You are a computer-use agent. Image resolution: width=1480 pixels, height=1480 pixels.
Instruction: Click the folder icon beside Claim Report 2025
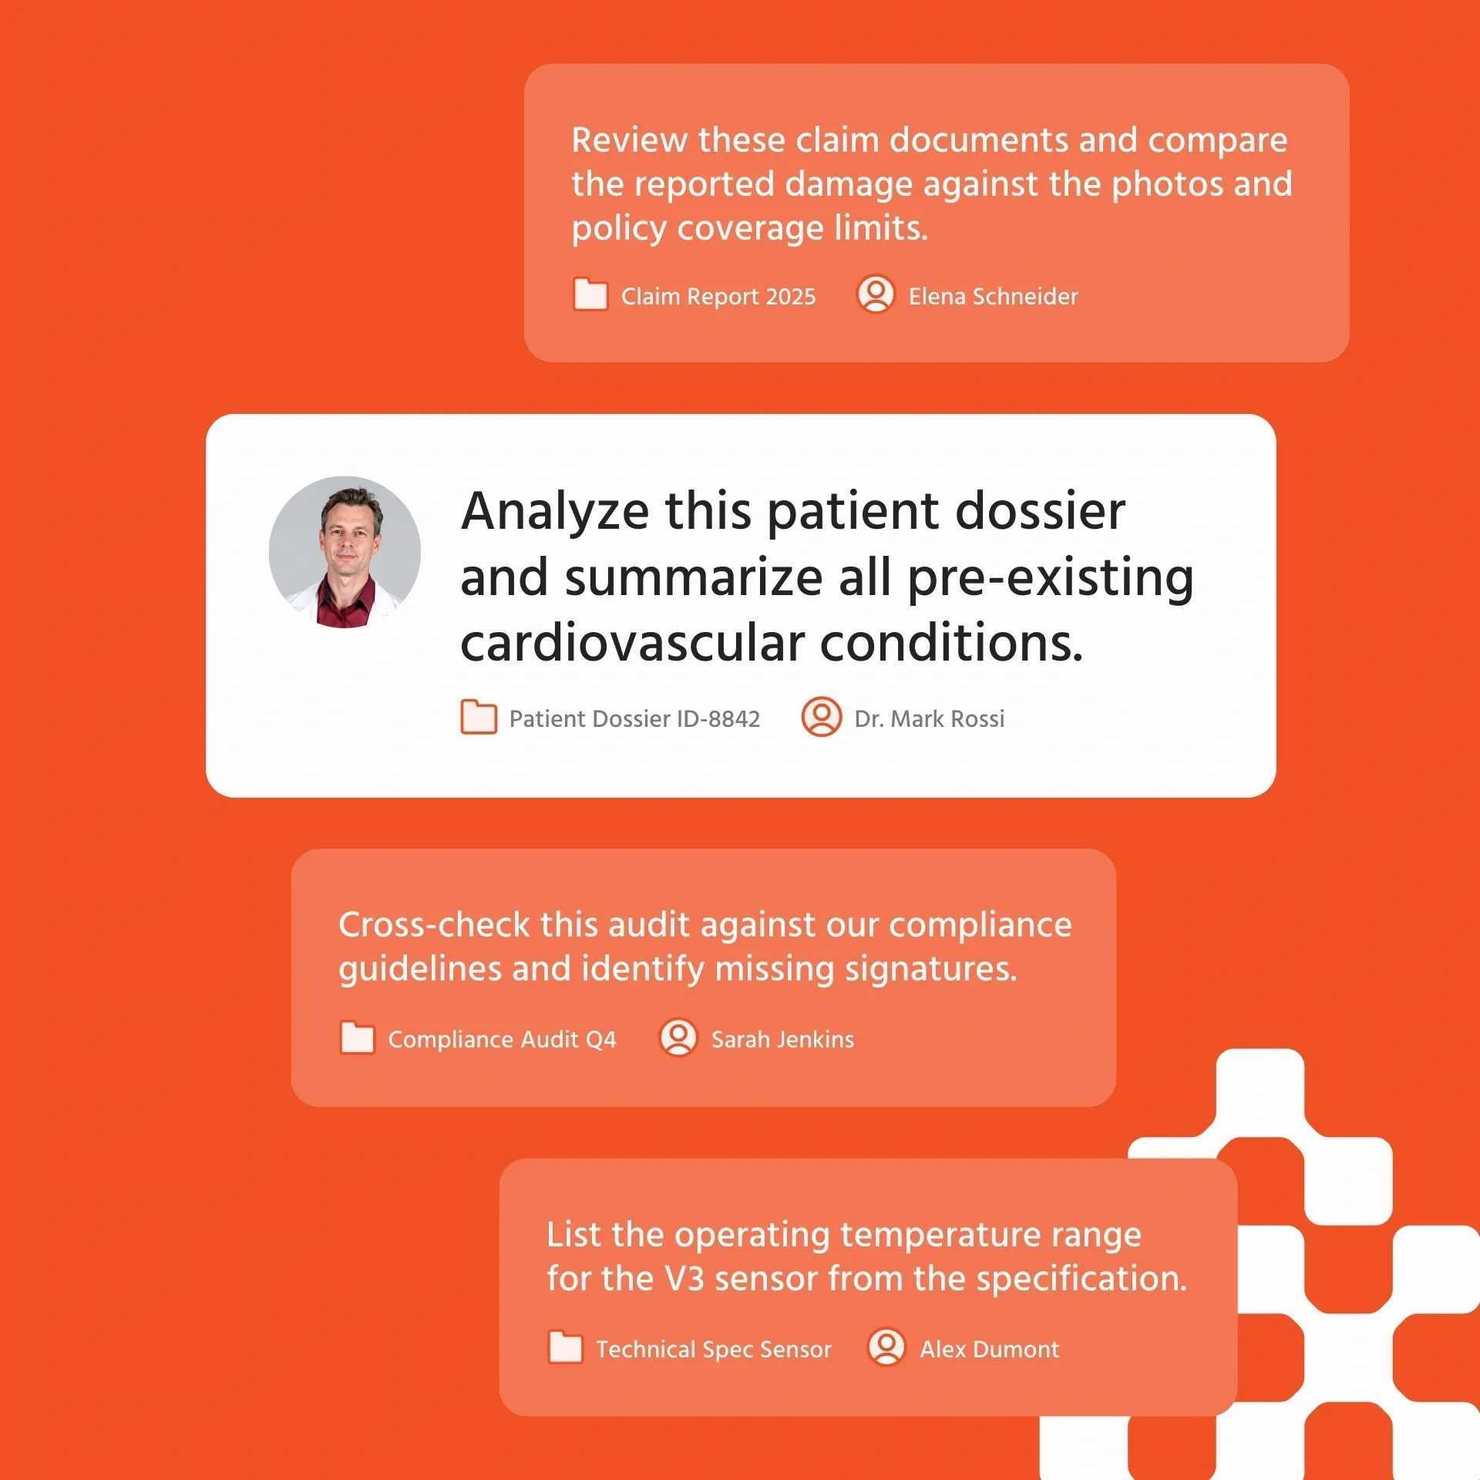(x=590, y=294)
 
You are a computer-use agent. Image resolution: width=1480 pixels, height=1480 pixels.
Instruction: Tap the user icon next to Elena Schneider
(x=876, y=294)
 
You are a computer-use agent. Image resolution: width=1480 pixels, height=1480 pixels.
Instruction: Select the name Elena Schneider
(x=993, y=296)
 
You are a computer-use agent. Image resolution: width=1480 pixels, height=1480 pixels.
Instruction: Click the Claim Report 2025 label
(x=718, y=296)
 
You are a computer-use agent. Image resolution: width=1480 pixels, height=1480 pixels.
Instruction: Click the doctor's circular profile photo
(x=345, y=552)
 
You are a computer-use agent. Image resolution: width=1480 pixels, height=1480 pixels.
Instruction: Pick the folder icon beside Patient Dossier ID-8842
(x=479, y=717)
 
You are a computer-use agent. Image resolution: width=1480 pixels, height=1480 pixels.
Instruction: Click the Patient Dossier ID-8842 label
(x=634, y=719)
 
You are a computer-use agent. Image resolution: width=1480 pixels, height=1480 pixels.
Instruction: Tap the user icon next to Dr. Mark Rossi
(x=822, y=717)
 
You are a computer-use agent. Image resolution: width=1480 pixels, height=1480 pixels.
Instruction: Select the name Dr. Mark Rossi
(x=930, y=719)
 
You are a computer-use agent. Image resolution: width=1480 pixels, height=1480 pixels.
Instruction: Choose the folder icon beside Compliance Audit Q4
(x=358, y=1038)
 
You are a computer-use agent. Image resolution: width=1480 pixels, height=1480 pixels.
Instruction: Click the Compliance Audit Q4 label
(x=502, y=1039)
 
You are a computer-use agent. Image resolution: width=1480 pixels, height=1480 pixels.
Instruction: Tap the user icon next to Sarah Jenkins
(x=679, y=1038)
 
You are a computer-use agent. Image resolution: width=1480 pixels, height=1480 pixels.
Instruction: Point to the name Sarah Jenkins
(x=782, y=1039)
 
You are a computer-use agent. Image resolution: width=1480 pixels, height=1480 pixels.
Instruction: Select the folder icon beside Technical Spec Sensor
(x=566, y=1347)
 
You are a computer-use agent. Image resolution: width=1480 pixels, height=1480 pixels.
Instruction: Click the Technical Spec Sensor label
(x=714, y=1349)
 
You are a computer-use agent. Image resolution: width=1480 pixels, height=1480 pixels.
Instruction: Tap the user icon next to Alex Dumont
(x=886, y=1347)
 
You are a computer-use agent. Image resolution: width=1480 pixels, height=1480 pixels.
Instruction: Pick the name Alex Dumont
(x=989, y=1349)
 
